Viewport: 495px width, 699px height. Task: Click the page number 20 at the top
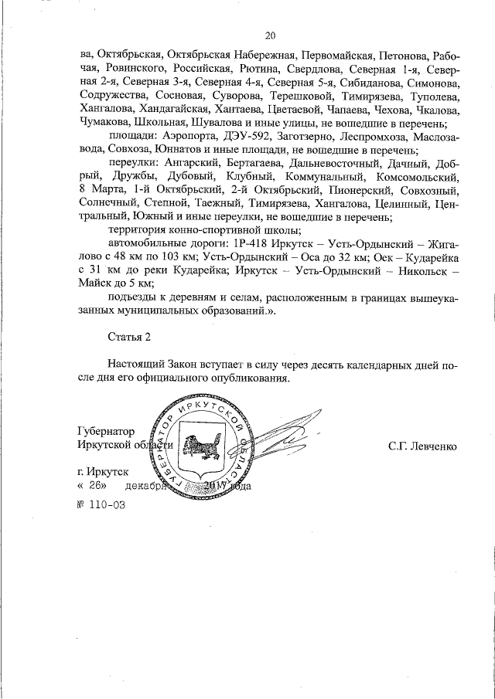[x=270, y=35]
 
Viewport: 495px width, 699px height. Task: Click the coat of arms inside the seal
[x=201, y=446]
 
